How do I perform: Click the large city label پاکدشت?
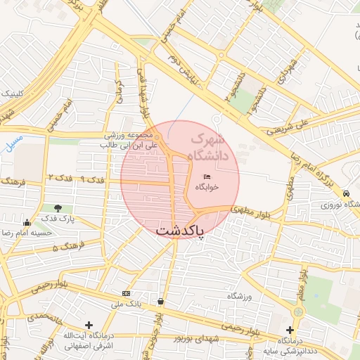coord(179,231)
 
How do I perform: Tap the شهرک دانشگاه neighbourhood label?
coord(211,147)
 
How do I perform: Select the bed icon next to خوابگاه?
coord(207,176)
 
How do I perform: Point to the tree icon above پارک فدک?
coord(58,208)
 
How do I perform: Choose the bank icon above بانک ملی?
coord(126,293)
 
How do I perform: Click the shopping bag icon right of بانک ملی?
coord(161,301)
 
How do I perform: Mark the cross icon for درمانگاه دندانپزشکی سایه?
coord(290,330)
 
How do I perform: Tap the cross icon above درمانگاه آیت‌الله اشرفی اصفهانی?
coord(89,325)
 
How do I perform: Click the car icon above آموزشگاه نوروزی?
coord(346,193)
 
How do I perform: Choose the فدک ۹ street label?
coord(94,180)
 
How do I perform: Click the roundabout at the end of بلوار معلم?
coord(298,311)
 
